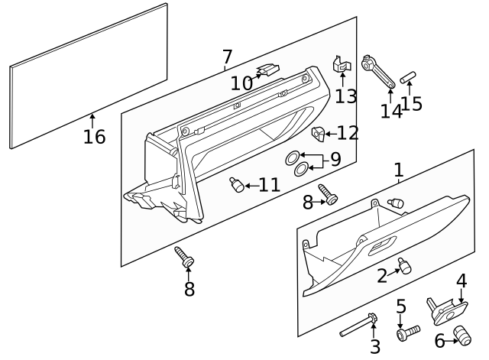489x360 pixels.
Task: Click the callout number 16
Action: click(x=94, y=137)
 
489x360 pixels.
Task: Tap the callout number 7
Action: click(x=227, y=57)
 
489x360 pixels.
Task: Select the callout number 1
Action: click(x=398, y=170)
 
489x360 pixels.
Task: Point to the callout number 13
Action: click(x=345, y=96)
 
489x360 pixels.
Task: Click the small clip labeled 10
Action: click(x=268, y=70)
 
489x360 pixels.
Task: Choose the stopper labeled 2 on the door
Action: click(x=405, y=266)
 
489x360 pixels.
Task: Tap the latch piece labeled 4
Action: click(x=449, y=309)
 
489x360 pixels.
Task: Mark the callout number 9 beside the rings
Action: click(x=335, y=161)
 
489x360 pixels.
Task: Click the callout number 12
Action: click(x=347, y=133)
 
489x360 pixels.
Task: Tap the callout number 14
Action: click(x=390, y=111)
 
